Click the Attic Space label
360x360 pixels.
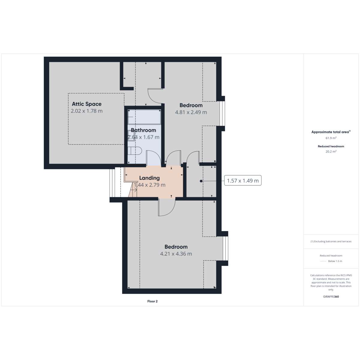[87, 104]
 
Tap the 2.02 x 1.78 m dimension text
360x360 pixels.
[87, 111]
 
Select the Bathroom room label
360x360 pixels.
[143, 130]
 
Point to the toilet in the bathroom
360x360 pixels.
[135, 151]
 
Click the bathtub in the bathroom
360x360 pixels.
[144, 117]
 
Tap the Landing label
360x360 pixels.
[149, 178]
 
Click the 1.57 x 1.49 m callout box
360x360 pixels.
[243, 181]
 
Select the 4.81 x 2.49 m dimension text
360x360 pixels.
[191, 112]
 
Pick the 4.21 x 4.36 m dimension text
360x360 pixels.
[176, 254]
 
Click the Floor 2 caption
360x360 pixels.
[152, 301]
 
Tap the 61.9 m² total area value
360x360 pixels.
[331, 138]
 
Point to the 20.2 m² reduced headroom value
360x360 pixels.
[331, 151]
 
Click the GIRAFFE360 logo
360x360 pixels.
[331, 296]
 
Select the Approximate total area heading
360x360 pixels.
[331, 132]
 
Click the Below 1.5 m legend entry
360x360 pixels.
[335, 261]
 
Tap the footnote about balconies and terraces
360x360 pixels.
[331, 241]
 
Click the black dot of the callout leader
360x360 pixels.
[201, 181]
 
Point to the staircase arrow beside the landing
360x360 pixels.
[133, 190]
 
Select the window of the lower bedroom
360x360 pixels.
[226, 248]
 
